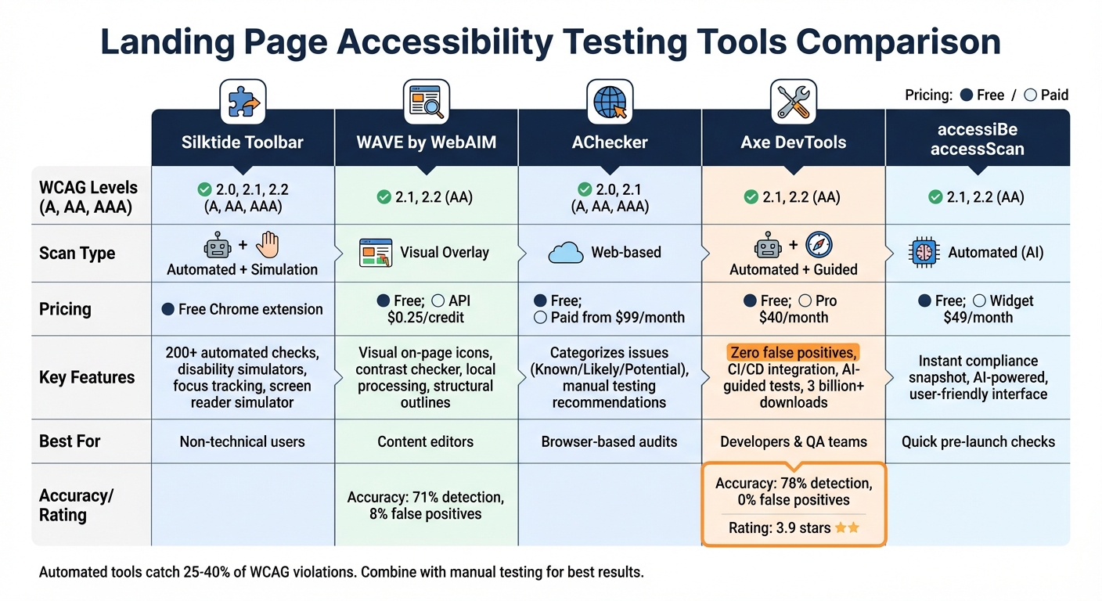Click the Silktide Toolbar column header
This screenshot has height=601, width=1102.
click(243, 143)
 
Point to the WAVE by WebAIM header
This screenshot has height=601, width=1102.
click(426, 143)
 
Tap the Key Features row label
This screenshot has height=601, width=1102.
click(87, 377)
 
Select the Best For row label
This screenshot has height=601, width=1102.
click(70, 441)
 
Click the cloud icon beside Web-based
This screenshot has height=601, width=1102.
click(566, 253)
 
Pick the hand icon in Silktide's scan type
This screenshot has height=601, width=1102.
click(268, 245)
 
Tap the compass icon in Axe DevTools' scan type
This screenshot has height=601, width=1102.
click(819, 245)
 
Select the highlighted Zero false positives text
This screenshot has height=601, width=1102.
click(794, 352)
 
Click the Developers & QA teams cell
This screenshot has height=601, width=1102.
click(794, 441)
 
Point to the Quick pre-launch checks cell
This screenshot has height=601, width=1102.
click(978, 441)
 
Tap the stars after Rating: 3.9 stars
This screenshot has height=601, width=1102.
click(847, 528)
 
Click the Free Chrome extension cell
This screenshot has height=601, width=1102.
click(243, 309)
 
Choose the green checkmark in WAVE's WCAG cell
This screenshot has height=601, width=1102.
click(384, 197)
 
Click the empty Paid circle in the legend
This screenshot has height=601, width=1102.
click(1030, 95)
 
